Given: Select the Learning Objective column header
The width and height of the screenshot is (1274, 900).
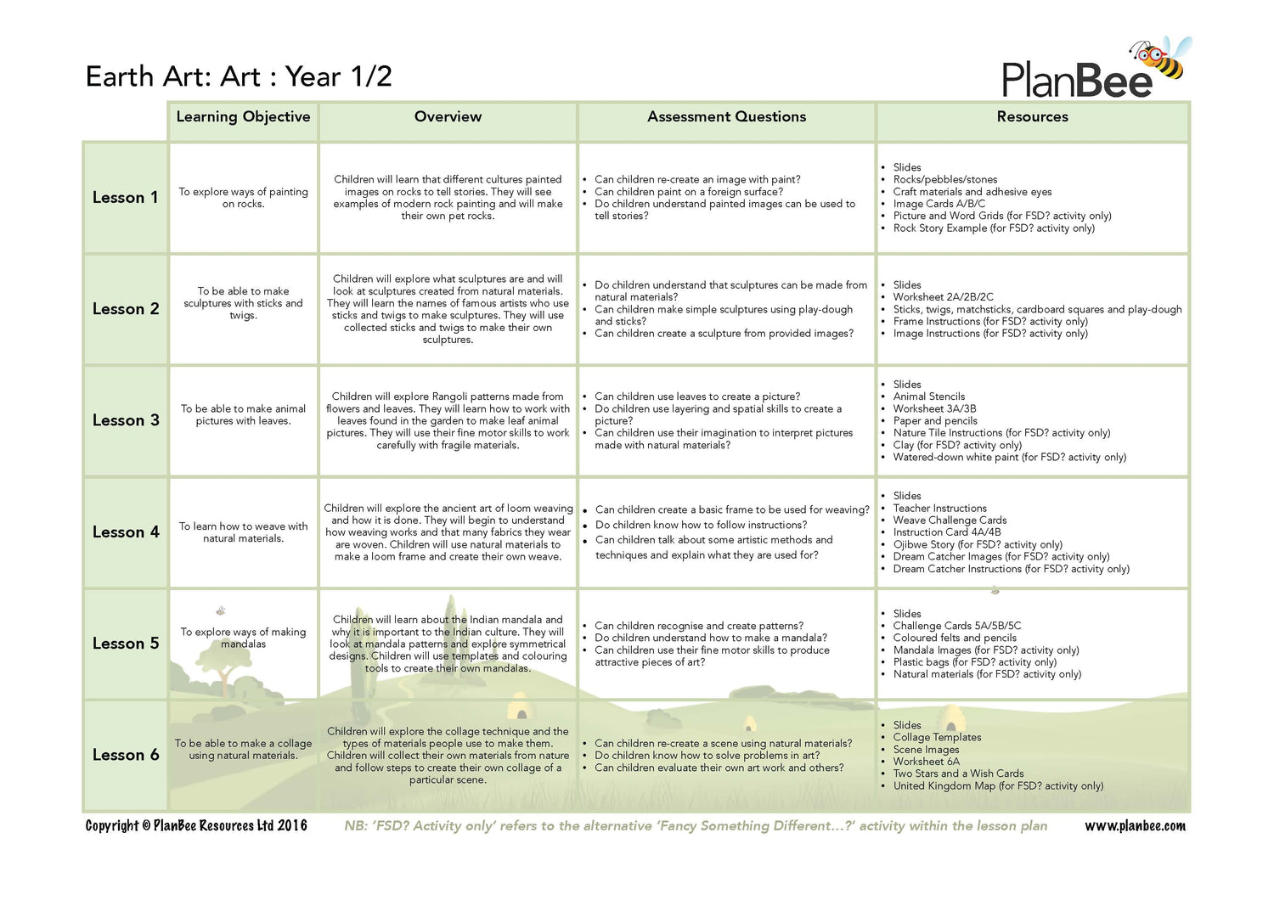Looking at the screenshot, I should point(243,117).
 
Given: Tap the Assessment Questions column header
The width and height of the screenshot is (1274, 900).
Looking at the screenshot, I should point(726,117).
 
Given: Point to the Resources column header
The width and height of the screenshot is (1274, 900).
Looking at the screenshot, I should point(1032,117).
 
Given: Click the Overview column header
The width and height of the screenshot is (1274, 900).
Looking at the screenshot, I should point(448,117).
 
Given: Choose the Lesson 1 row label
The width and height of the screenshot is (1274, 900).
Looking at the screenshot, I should point(125,198).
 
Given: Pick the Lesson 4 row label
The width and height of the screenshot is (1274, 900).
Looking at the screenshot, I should point(125,532).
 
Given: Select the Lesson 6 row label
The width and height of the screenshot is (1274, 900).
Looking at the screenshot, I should point(125,755).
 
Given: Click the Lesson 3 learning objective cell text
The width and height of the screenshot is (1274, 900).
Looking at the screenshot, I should point(243,414).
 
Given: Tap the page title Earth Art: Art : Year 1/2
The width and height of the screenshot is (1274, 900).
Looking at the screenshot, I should point(239,76).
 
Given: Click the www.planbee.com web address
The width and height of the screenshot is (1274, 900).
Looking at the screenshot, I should point(1135,826).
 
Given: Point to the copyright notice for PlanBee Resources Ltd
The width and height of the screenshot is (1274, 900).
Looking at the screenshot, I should point(196,826).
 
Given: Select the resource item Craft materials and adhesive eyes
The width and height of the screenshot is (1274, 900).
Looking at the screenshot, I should point(972,192).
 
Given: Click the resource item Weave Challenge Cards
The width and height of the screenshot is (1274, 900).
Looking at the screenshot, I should point(950,520).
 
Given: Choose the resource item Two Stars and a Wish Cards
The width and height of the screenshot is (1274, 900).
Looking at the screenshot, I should point(958,773).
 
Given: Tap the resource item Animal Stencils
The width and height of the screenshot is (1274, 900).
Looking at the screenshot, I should point(928,397).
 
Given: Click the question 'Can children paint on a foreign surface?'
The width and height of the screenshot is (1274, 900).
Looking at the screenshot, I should point(689,192).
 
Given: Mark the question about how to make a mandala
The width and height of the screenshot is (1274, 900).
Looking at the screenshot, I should point(710,638).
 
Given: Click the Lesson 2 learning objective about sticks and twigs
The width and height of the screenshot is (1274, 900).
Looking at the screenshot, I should point(243,303).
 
